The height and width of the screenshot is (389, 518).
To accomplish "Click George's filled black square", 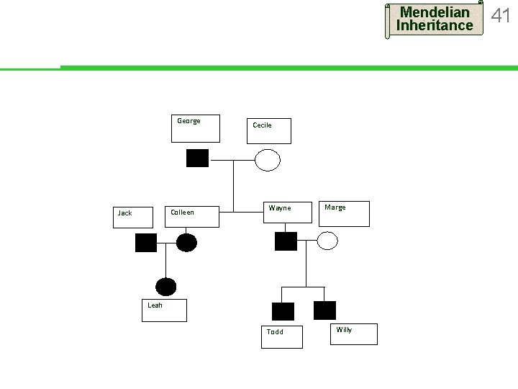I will click(x=197, y=158).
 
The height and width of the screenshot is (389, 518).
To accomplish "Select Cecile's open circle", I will click(x=268, y=159).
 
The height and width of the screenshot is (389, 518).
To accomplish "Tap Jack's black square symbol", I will click(x=146, y=243).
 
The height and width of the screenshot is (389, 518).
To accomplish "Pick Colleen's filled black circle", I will click(x=186, y=242).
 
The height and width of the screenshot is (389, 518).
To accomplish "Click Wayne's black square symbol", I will click(x=286, y=241).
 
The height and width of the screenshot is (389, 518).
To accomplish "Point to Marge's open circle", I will click(x=327, y=241).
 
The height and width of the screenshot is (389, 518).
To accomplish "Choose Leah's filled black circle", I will click(x=166, y=287).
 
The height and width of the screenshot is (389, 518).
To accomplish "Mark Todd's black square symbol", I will click(x=283, y=311).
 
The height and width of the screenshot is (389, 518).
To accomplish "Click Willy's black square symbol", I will click(x=325, y=310).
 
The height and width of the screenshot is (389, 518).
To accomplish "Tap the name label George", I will click(x=188, y=121).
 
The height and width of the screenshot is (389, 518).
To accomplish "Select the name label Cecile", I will click(x=262, y=125).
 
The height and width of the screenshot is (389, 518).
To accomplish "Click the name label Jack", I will click(x=125, y=213).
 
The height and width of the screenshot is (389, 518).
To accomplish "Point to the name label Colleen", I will click(x=182, y=213).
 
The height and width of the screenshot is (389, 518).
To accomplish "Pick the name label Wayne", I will click(x=280, y=208).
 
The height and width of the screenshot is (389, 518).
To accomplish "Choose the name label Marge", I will click(x=335, y=207).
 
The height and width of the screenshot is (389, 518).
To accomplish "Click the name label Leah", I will click(x=155, y=305).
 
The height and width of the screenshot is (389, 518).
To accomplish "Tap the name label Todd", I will click(x=275, y=332).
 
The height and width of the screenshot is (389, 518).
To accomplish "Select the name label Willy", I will click(x=344, y=330).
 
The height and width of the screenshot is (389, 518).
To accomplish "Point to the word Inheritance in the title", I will click(x=435, y=26).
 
